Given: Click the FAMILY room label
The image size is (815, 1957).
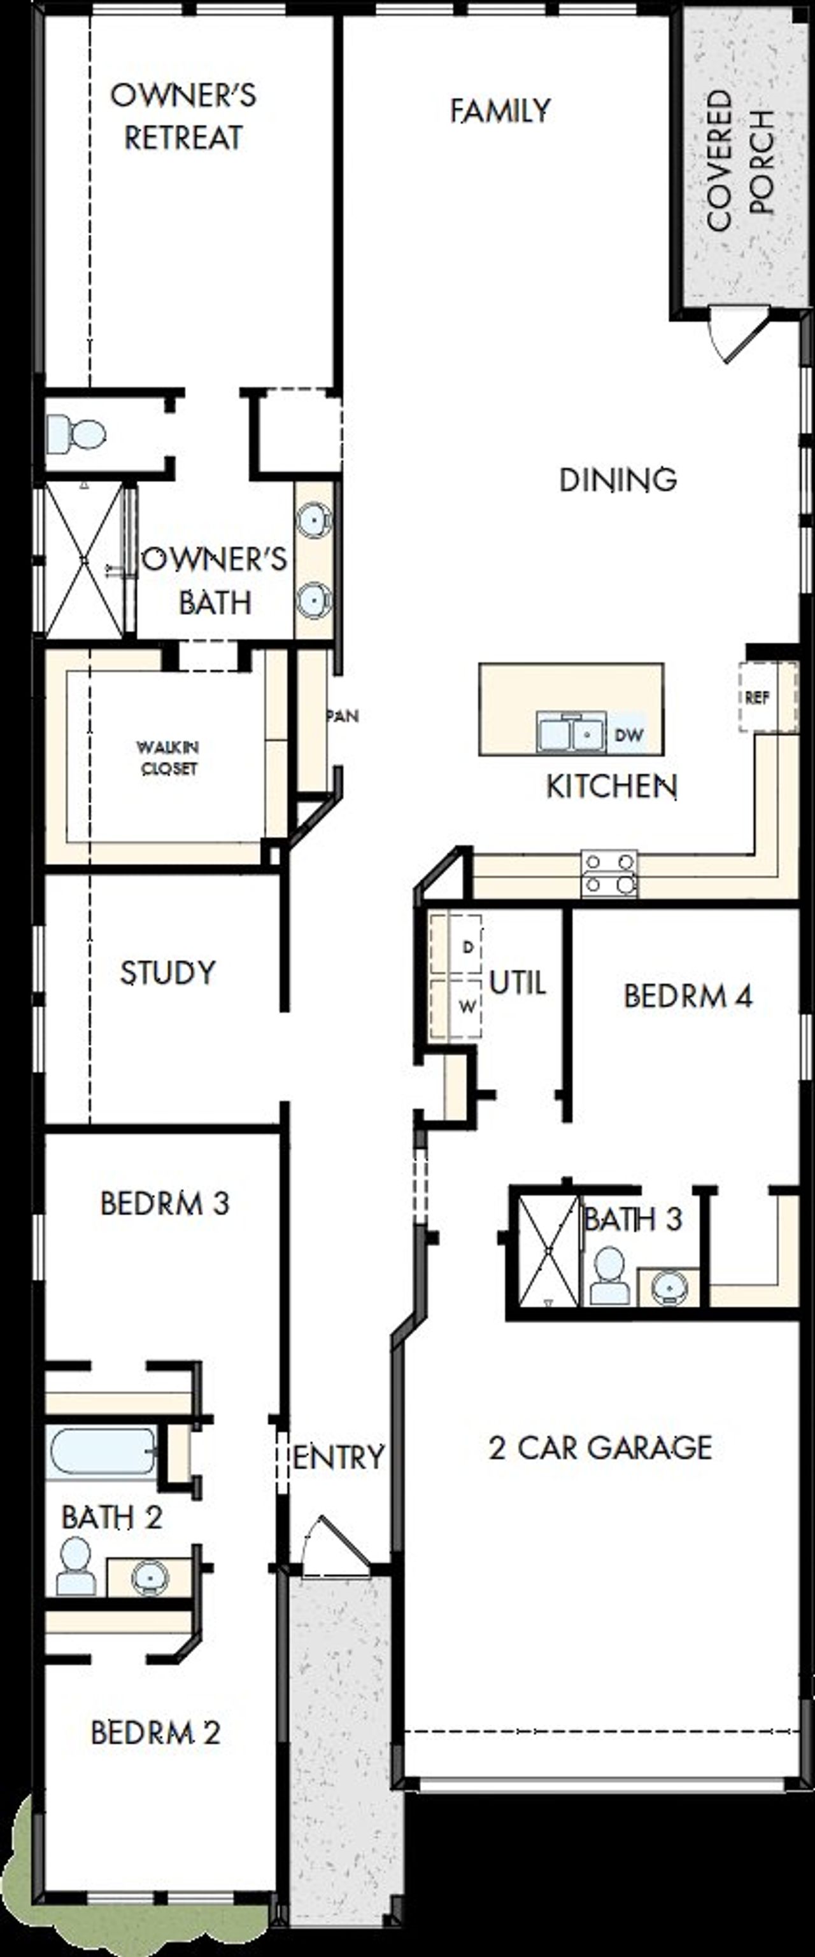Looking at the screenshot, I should (x=499, y=111).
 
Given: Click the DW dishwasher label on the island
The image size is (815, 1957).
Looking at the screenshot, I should (x=628, y=735).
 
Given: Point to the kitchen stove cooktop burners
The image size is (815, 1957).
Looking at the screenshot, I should (x=609, y=872).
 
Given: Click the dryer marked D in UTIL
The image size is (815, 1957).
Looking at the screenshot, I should (x=456, y=946).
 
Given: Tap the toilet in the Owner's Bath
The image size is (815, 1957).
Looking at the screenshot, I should (x=76, y=434).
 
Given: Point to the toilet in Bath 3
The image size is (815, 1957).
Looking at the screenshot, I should (x=609, y=1276).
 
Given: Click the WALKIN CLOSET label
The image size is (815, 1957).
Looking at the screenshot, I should (x=168, y=757).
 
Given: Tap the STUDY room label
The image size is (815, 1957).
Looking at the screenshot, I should (x=168, y=972).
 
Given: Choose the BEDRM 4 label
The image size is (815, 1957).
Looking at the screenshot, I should (x=688, y=996).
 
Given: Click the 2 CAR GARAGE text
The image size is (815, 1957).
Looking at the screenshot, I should (x=600, y=1447).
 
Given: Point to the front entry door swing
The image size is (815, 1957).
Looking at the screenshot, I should (x=334, y=1542).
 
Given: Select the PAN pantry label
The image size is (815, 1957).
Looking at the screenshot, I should (x=343, y=716).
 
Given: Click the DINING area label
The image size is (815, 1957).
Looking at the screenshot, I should (x=618, y=480).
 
